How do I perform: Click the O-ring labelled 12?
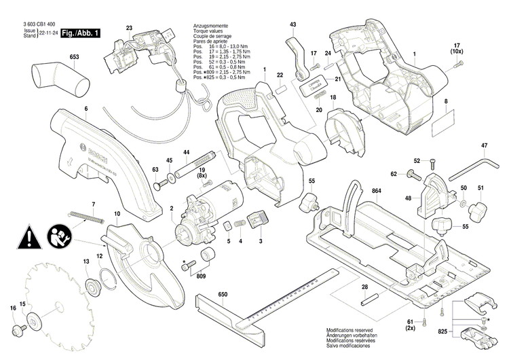(107, 276)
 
